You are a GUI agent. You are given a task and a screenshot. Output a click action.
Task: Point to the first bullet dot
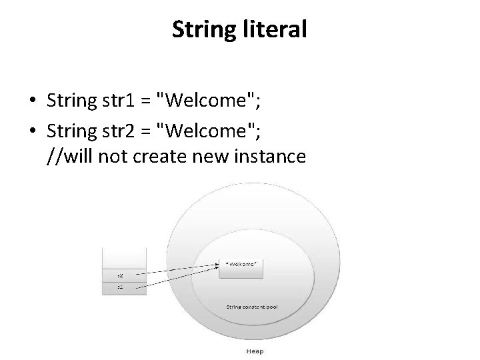32,101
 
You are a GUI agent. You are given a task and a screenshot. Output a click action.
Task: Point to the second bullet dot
32,129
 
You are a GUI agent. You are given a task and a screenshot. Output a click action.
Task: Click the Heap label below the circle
255,351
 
